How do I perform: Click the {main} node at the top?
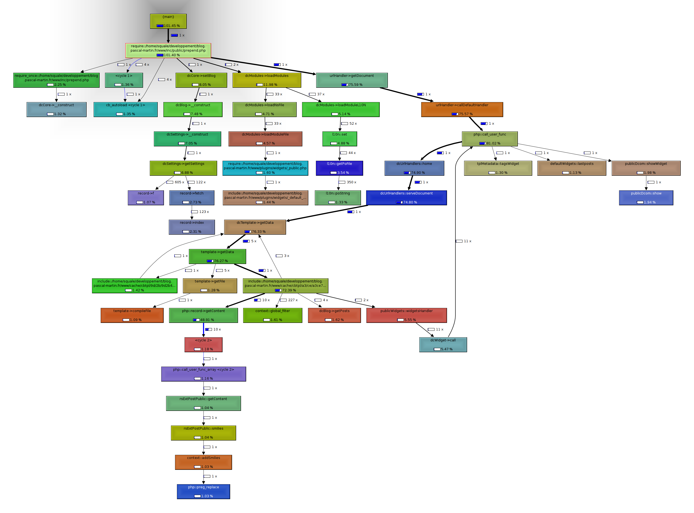[x=168, y=21]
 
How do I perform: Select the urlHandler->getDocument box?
[x=352, y=80]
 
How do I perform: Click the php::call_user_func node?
[x=489, y=139]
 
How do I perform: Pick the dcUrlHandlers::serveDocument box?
[x=406, y=198]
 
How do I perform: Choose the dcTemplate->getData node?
[x=255, y=227]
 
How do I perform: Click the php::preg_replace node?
[x=203, y=492]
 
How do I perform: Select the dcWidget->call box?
[x=443, y=345]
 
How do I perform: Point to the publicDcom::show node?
[x=646, y=198]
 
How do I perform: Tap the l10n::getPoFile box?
[x=339, y=168]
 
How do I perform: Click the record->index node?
[x=192, y=227]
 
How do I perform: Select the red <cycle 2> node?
[x=203, y=345]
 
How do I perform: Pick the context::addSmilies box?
[x=203, y=462]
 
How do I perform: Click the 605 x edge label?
[x=179, y=182]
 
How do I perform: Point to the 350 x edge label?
[x=351, y=182]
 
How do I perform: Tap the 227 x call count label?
[x=293, y=300]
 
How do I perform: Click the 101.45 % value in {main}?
[x=172, y=26]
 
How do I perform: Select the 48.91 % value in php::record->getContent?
[x=207, y=320]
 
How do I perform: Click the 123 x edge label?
[x=204, y=212]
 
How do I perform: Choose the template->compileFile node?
[x=132, y=315]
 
